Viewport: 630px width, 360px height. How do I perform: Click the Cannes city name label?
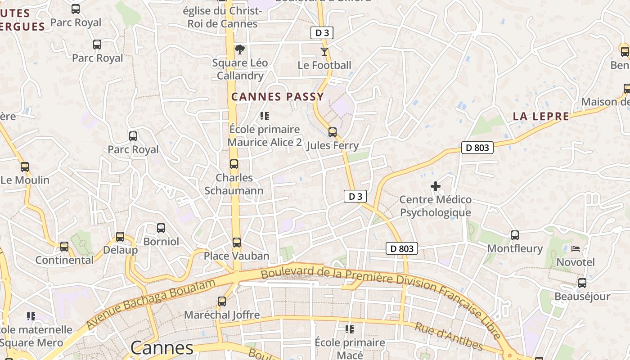[162, 348]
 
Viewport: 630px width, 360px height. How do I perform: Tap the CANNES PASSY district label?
[278, 97]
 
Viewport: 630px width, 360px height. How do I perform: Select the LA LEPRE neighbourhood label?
[541, 117]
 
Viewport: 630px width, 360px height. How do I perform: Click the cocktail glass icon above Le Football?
[324, 51]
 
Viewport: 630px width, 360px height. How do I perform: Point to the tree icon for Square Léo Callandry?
[240, 49]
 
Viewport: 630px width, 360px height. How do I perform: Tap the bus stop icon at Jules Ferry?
[333, 132]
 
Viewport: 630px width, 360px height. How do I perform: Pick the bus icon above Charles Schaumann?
[234, 164]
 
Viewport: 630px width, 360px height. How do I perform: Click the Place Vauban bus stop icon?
[237, 243]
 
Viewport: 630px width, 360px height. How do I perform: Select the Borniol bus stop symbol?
[161, 228]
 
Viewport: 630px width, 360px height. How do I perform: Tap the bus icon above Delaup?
[120, 237]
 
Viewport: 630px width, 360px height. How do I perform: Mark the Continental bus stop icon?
[64, 247]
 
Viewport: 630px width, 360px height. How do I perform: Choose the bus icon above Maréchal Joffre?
[222, 301]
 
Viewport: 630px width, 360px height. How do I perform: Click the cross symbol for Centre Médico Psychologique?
[436, 186]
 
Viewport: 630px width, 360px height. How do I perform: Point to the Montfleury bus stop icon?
[515, 235]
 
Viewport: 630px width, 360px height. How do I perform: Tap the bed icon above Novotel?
[576, 248]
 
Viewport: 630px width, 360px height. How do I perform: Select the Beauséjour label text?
[582, 297]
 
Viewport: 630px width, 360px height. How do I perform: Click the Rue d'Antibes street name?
[449, 337]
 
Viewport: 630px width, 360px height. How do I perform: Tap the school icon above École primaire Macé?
[350, 329]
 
